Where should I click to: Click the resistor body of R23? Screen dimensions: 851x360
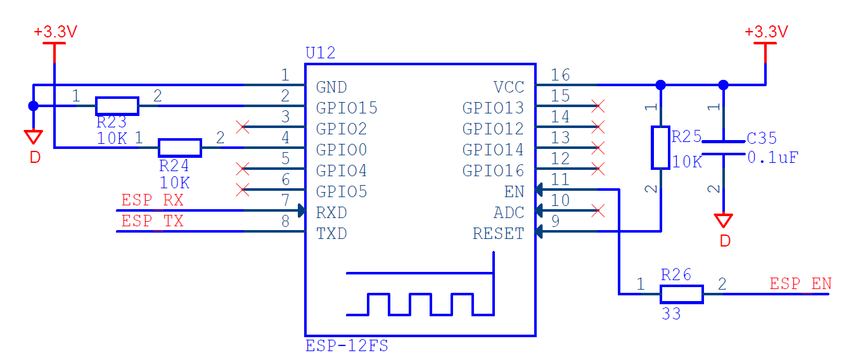pyautogui.click(x=117, y=106)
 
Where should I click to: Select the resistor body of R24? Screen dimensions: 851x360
pyautogui.click(x=180, y=148)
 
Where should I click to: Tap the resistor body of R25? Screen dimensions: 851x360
pyautogui.click(x=661, y=148)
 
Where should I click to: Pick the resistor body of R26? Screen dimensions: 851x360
pyautogui.click(x=682, y=294)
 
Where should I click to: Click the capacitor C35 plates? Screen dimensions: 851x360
pyautogui.click(x=724, y=148)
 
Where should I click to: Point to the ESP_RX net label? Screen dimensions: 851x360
pyautogui.click(x=152, y=200)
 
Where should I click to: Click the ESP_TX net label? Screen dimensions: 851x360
pyautogui.click(x=152, y=221)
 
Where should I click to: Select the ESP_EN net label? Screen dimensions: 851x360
pyautogui.click(x=801, y=284)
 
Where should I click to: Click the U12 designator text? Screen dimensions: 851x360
pyautogui.click(x=320, y=53)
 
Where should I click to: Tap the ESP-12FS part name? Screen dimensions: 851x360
pyautogui.click(x=347, y=346)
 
